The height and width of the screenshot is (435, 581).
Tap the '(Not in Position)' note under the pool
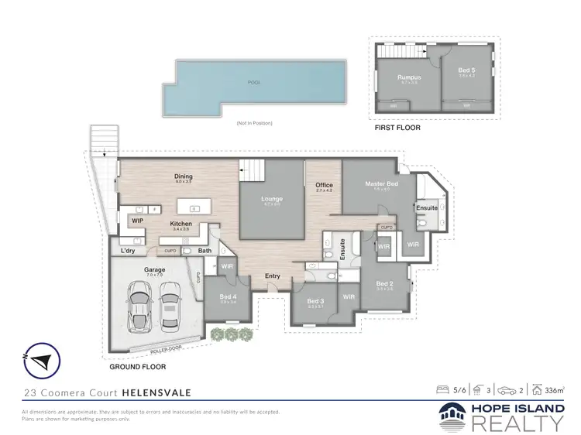pos(254,123)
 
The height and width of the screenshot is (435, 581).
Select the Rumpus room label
pos(408,77)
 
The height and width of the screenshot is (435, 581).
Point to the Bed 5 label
pos(467,71)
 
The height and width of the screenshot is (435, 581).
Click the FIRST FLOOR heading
pos(397,128)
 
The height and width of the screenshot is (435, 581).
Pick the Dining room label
pos(184,176)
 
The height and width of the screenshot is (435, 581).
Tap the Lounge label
pos(272,199)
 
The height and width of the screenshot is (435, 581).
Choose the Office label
pos(323,185)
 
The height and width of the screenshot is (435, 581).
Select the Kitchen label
pos(181,224)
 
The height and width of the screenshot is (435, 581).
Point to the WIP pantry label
pos(138,221)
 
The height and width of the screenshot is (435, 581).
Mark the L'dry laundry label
pos(128,251)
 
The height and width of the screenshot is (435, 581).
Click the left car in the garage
pos(140,303)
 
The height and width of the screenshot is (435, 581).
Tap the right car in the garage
pos(171,303)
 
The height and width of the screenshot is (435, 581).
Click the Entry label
pos(273,276)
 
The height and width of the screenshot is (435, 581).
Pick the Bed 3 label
pos(315,300)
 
